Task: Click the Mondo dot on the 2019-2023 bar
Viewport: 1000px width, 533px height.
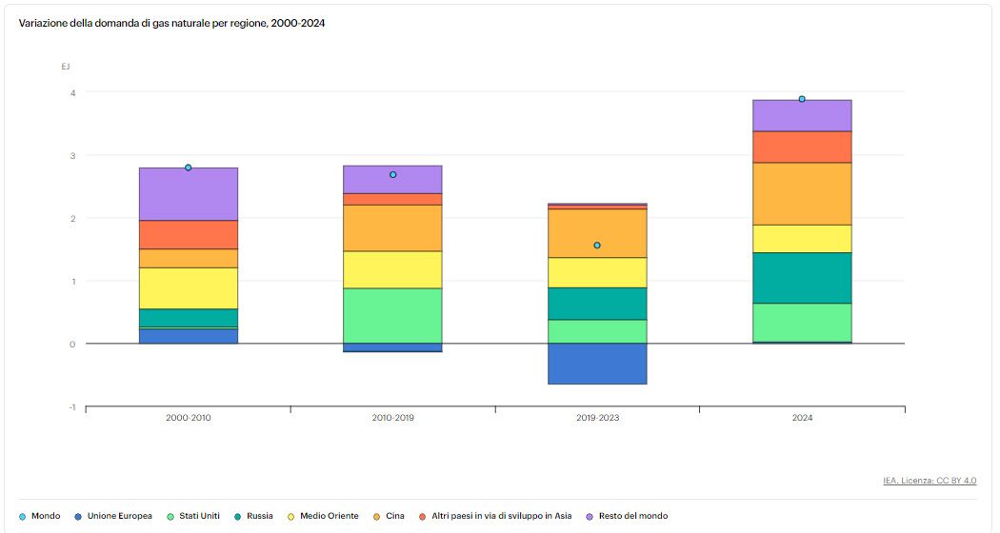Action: (597, 246)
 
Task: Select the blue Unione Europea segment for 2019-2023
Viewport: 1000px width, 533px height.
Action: (597, 364)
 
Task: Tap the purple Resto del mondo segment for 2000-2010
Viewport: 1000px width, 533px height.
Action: (189, 194)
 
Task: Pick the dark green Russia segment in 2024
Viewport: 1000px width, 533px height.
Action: (802, 278)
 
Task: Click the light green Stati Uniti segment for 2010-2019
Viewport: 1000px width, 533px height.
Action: (392, 315)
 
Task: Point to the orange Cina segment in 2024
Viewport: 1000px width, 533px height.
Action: (802, 193)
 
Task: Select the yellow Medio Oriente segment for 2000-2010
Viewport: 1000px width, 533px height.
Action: (189, 288)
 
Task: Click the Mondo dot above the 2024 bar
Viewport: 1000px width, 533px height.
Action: (802, 99)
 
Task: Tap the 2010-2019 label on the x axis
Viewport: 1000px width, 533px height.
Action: (392, 418)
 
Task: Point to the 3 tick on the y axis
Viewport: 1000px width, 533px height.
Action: (71, 155)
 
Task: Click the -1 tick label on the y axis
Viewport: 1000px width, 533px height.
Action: (70, 407)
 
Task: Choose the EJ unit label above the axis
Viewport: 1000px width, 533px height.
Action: (66, 67)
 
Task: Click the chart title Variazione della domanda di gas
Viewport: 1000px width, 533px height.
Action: (172, 22)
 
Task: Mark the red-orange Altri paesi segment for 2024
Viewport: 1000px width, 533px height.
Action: (802, 147)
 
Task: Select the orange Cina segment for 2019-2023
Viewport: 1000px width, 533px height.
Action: (597, 233)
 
